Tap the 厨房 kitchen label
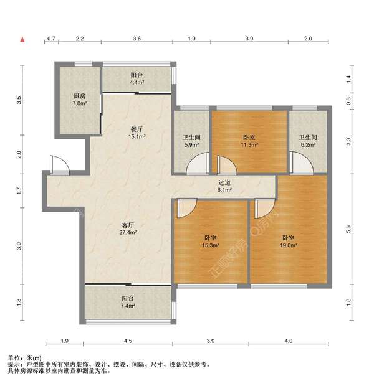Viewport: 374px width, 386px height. click(x=79, y=100)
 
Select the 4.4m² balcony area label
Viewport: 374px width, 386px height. click(x=137, y=78)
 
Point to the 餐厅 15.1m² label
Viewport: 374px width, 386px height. click(x=137, y=133)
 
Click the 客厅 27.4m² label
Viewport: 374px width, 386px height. click(x=128, y=228)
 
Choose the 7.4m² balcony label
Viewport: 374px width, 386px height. click(x=128, y=302)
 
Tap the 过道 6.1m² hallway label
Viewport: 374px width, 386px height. click(x=224, y=186)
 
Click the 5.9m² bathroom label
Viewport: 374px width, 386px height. click(x=191, y=141)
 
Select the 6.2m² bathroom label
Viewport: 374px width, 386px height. click(x=308, y=141)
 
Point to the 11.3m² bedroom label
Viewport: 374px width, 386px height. click(x=249, y=141)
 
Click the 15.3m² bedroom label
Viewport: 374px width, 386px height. click(x=211, y=242)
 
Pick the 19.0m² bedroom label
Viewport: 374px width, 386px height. click(x=288, y=242)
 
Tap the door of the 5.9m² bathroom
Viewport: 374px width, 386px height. click(x=197, y=163)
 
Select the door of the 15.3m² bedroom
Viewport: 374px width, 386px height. click(x=186, y=209)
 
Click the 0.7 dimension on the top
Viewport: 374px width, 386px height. click(x=51, y=39)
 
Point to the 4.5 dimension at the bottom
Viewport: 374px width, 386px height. click(x=128, y=341)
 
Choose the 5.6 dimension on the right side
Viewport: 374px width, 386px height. click(x=348, y=230)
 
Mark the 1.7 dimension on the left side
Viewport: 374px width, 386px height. click(x=19, y=191)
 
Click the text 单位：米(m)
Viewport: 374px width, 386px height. click(x=25, y=358)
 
